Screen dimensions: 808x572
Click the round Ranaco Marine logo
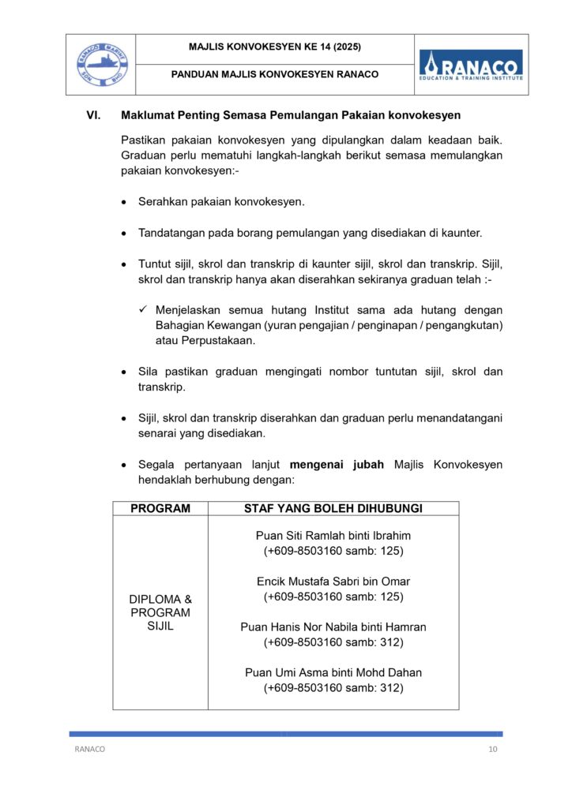tap(100, 64)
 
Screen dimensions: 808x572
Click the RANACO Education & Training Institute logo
tap(470, 64)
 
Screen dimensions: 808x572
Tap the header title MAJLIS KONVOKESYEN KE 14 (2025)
tap(275, 47)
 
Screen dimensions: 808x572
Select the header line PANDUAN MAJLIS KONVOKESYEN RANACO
tap(275, 75)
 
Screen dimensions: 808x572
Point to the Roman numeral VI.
tap(93, 116)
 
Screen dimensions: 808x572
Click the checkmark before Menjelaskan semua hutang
tap(144, 310)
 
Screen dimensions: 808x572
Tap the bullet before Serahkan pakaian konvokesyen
tap(125, 203)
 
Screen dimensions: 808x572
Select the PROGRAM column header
tap(160, 509)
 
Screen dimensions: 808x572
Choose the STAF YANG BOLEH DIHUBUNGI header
tap(333, 509)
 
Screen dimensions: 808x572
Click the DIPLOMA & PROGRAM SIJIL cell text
tap(160, 612)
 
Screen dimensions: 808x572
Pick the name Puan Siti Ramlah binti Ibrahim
tap(333, 535)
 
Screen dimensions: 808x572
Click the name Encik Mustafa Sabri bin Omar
tap(333, 582)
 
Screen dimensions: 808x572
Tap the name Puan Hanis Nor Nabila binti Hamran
tap(333, 627)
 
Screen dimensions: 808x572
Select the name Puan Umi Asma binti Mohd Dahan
tap(333, 673)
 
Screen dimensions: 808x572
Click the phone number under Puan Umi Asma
tap(333, 688)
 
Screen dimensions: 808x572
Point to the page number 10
tap(493, 750)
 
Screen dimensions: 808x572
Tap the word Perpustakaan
tap(205, 341)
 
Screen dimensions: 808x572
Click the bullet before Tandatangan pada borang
tap(125, 234)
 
